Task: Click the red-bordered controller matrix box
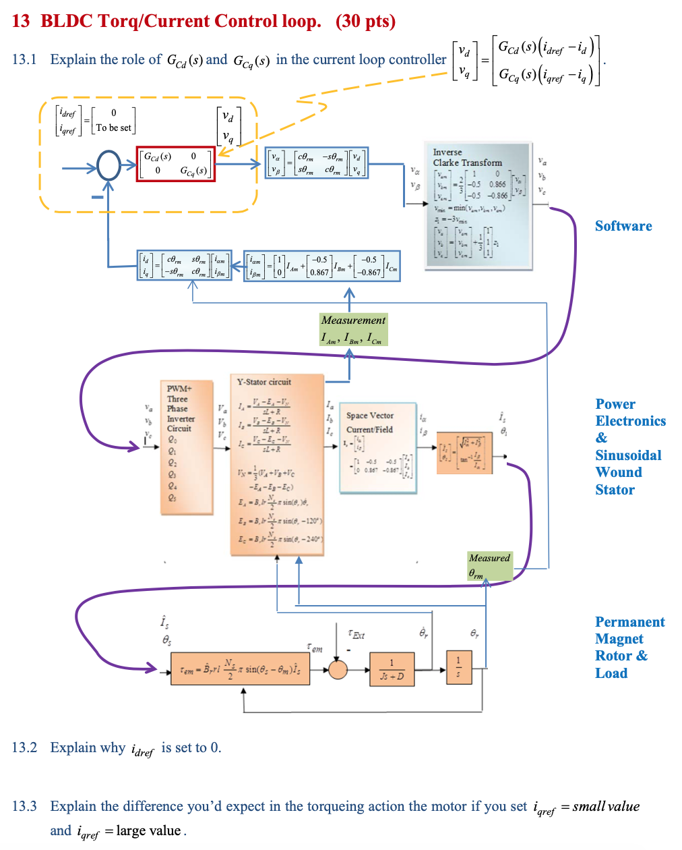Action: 175,164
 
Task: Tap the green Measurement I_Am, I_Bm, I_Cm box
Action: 354,329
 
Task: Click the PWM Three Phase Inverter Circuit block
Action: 186,447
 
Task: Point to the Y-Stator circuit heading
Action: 264,382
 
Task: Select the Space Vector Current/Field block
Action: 377,445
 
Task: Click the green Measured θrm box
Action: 490,566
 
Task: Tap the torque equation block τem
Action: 240,669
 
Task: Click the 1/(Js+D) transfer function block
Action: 392,669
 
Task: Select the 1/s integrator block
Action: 459,667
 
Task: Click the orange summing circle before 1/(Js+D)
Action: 337,669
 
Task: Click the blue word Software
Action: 623,226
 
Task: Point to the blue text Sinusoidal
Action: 628,455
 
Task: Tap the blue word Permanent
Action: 629,622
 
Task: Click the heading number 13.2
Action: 24,747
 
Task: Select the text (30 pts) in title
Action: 365,21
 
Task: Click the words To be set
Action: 114,128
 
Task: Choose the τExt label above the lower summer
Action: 356,634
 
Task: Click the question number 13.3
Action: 24,806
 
